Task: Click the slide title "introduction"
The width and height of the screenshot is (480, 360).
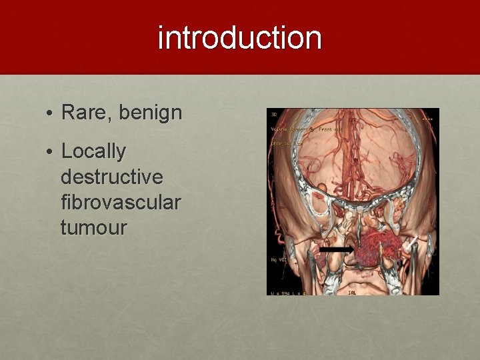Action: [x=240, y=38]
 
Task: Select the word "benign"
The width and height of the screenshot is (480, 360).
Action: [x=151, y=113]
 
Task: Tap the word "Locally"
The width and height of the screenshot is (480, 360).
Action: [x=93, y=152]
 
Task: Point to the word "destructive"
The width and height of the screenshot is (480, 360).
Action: [x=111, y=177]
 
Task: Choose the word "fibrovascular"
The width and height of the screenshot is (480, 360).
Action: [x=121, y=202]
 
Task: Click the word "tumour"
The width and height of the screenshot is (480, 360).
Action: [x=93, y=227]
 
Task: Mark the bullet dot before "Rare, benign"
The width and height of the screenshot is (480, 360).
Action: [x=50, y=113]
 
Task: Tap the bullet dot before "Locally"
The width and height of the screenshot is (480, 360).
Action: [x=50, y=153]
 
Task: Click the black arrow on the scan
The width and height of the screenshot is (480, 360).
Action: [x=336, y=249]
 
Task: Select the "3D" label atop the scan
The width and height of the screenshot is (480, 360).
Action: [x=274, y=114]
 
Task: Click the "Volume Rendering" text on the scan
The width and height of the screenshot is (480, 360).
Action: [x=293, y=129]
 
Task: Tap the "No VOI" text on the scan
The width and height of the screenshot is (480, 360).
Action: [x=277, y=259]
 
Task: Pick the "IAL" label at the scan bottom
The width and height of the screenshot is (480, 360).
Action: [x=352, y=292]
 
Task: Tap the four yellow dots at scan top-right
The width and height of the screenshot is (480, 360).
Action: [x=427, y=120]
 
